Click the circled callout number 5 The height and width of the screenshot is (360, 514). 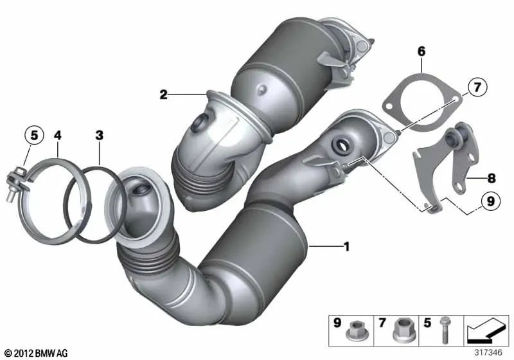pos(35,135)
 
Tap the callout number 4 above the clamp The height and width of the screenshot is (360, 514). pos(58,135)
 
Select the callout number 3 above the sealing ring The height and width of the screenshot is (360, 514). pos(100,135)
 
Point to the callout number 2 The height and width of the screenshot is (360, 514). pos(163,94)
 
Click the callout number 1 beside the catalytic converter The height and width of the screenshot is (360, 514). pos(346,246)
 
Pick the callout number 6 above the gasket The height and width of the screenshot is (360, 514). pos(421,51)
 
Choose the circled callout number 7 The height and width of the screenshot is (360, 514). pos(477,87)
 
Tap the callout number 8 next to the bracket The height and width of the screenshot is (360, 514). pos(492,178)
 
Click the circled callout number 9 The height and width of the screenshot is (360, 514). pos(491,201)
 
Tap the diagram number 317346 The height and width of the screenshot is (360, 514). pos(488,353)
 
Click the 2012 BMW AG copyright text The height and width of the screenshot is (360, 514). pos(37,353)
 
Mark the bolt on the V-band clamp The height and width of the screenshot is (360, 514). pos(15,184)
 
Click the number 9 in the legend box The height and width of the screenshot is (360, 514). pos(337,323)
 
